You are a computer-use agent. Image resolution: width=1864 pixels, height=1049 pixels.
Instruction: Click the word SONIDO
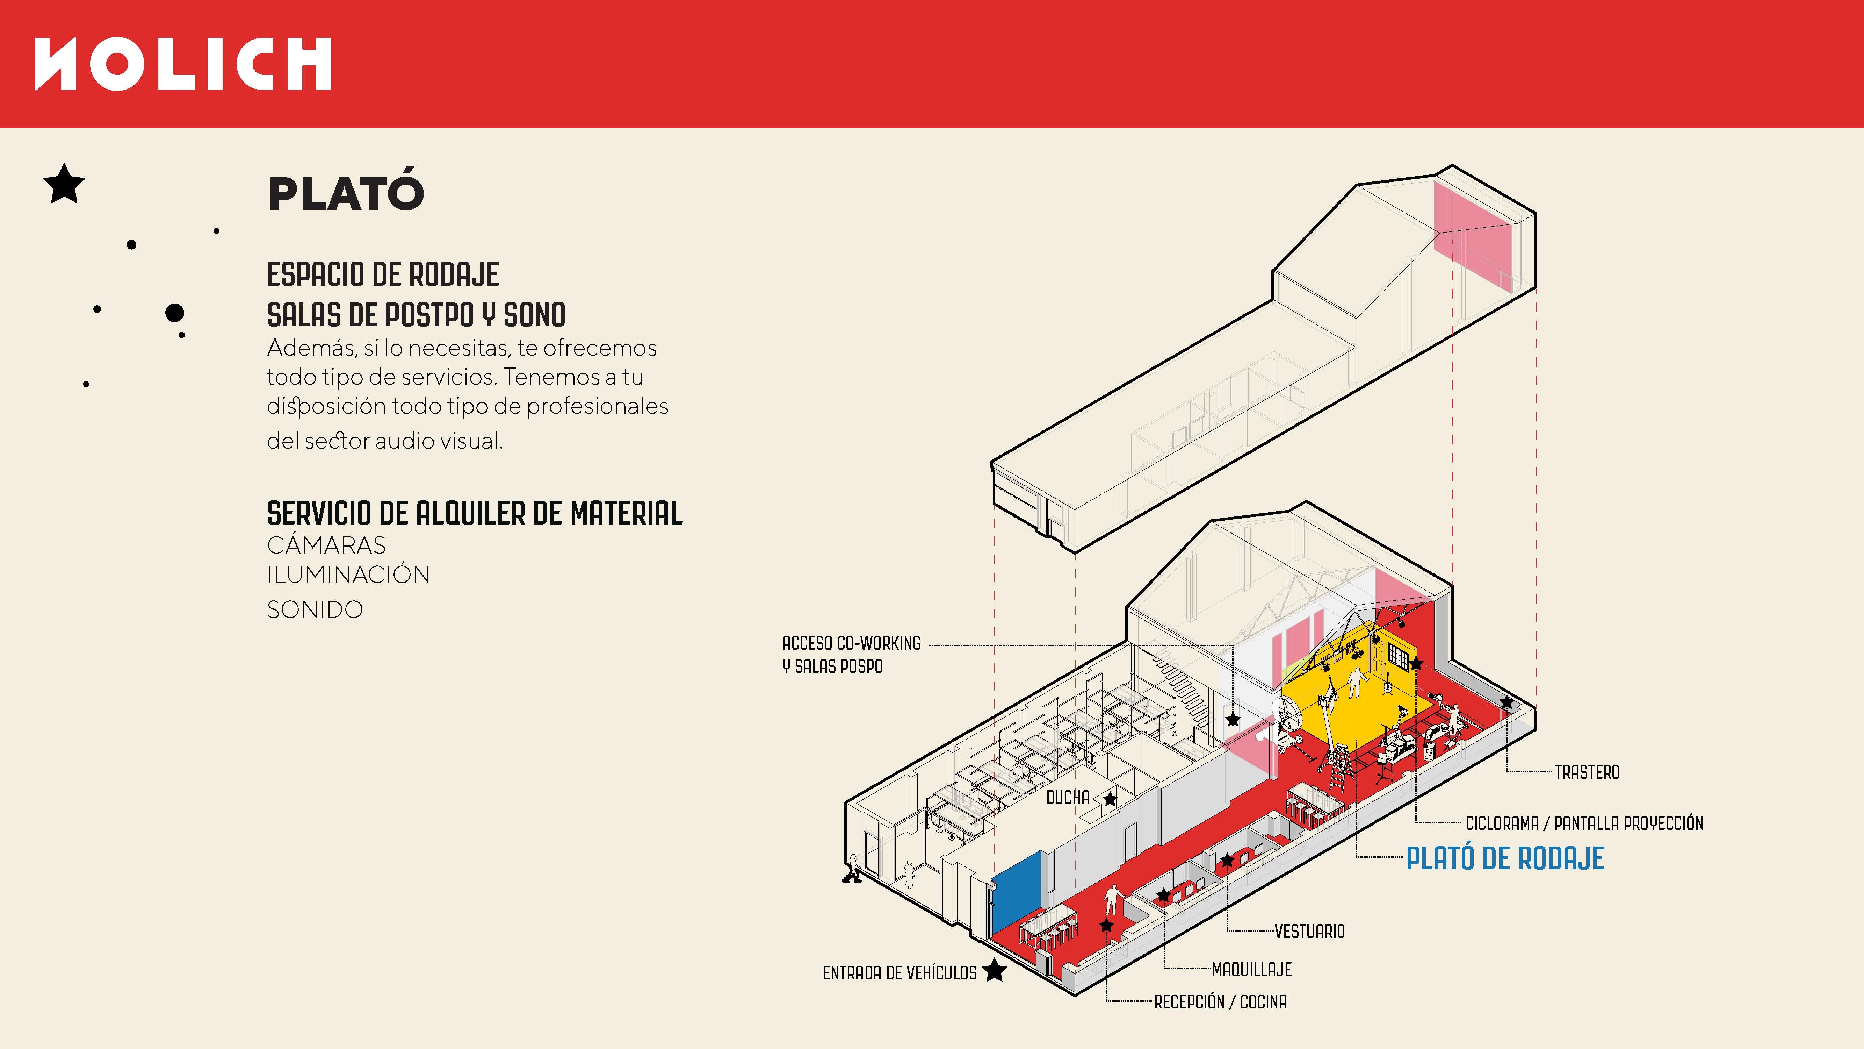pos(315,609)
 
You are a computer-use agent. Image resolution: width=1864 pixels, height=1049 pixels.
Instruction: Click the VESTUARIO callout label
pos(1309,931)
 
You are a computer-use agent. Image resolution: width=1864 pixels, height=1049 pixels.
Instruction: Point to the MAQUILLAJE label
pos(1251,969)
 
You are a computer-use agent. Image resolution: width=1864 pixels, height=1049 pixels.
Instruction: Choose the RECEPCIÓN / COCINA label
pos(1220,1002)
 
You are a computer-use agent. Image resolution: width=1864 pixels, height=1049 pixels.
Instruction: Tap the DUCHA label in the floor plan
pos(1067,798)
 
